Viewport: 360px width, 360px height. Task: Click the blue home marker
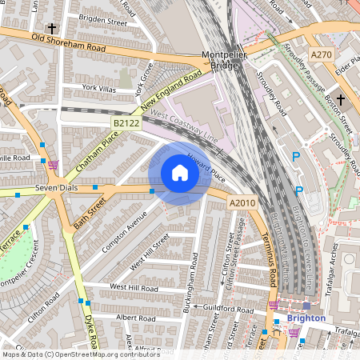pyautogui.click(x=180, y=173)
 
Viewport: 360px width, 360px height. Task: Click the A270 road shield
pyautogui.click(x=322, y=54)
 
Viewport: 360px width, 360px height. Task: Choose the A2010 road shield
pyautogui.click(x=242, y=203)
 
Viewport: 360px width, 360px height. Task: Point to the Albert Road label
pyautogui.click(x=113, y=318)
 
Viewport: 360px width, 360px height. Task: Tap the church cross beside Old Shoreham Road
pyautogui.click(x=52, y=27)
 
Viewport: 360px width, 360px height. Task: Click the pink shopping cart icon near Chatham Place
pyautogui.click(x=53, y=165)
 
